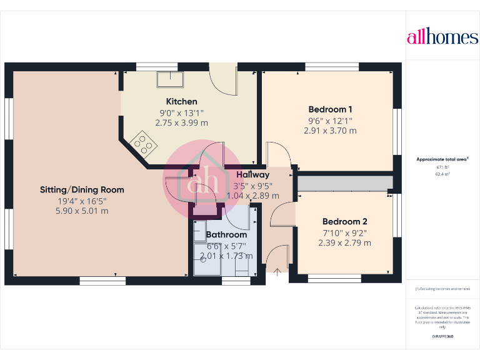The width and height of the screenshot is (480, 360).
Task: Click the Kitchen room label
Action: click(x=181, y=101)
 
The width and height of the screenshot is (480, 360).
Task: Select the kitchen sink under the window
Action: click(x=169, y=79)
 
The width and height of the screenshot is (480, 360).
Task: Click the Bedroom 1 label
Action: click(x=330, y=108)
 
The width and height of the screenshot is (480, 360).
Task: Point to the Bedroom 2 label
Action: click(x=344, y=221)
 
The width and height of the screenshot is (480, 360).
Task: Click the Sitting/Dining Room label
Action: click(x=82, y=189)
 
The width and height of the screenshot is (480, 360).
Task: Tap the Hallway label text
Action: click(x=252, y=175)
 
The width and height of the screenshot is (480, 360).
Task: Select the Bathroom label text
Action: click(x=227, y=235)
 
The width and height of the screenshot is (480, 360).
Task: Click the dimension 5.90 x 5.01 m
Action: click(x=82, y=211)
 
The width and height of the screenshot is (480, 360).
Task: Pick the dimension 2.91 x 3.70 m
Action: click(x=330, y=131)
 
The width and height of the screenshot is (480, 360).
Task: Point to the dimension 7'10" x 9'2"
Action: click(x=344, y=232)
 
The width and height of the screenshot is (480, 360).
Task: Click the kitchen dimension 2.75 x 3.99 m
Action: click(x=181, y=123)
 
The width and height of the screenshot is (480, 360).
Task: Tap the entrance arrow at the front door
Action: click(x=277, y=272)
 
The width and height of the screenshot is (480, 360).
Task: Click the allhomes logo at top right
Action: click(x=442, y=37)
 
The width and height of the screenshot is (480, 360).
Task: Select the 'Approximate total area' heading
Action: click(x=442, y=159)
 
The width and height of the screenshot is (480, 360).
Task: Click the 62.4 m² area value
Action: click(x=442, y=174)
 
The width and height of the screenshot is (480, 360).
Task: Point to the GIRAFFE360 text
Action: click(x=442, y=337)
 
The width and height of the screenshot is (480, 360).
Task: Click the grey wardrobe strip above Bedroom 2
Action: click(x=344, y=182)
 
